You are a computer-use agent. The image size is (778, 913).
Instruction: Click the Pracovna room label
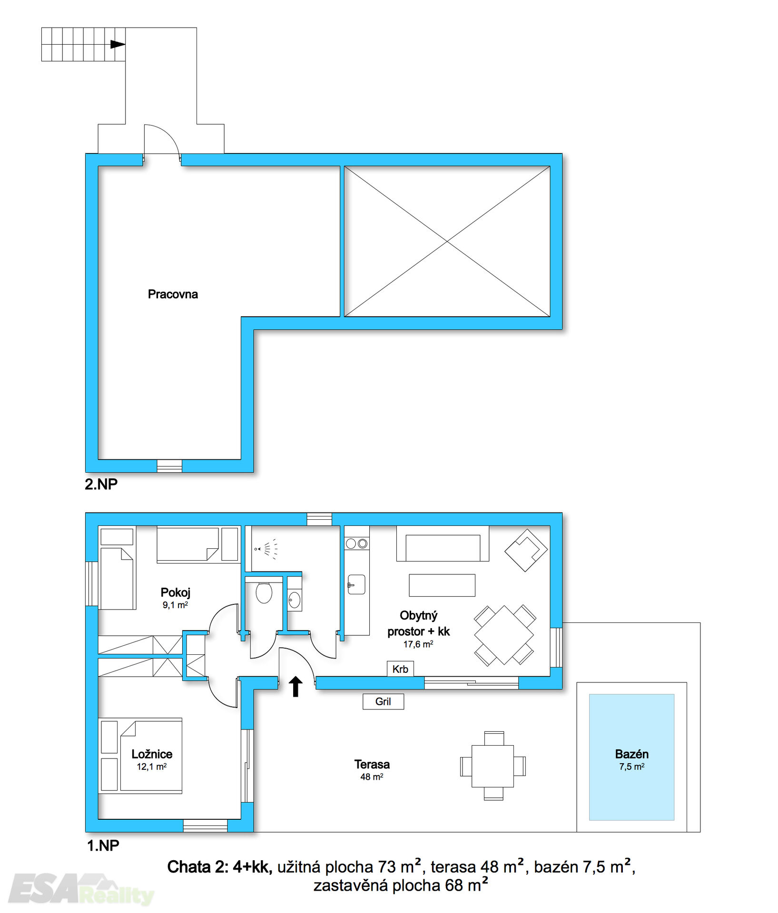[x=173, y=294]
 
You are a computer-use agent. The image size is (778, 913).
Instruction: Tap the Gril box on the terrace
[x=383, y=701]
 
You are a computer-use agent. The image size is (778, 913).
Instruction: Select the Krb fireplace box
[x=400, y=669]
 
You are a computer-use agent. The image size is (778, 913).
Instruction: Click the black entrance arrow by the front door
[x=295, y=686]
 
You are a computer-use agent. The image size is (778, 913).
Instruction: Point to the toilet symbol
[x=264, y=592]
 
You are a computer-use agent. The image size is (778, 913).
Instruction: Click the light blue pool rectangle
[x=631, y=757]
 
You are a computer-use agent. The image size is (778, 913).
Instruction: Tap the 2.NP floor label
[x=101, y=484]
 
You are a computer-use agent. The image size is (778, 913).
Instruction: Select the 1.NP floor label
[x=103, y=845]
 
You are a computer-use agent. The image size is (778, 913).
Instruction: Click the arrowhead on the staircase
[x=118, y=44]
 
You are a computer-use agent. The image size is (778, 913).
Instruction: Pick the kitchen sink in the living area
[x=356, y=584]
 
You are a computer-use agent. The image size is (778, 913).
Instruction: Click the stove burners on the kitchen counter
[x=356, y=543]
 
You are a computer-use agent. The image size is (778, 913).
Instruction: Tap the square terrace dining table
[x=492, y=766]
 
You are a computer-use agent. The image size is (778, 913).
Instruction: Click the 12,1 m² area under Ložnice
[x=152, y=767]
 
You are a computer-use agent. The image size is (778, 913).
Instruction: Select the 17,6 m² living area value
[x=418, y=644]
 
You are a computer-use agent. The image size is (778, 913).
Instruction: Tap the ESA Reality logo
[x=81, y=889]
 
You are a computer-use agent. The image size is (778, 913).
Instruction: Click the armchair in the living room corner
[x=526, y=550]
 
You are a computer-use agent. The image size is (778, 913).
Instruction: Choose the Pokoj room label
[x=175, y=592]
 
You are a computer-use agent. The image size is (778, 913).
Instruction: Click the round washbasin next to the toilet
[x=295, y=601]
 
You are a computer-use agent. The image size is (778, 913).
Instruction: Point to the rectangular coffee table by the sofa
[x=442, y=585]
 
